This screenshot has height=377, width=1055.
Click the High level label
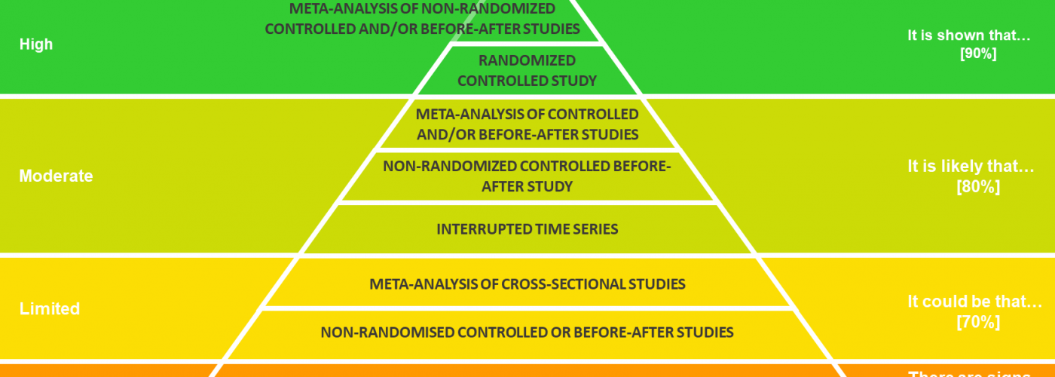(36, 44)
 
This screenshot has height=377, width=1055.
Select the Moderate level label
(56, 176)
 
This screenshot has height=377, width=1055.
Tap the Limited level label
(50, 309)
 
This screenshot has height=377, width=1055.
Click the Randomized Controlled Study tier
(527, 70)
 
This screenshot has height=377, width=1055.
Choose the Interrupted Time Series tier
(527, 229)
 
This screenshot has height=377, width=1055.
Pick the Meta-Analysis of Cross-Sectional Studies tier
(527, 284)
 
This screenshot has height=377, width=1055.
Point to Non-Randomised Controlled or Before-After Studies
(527, 332)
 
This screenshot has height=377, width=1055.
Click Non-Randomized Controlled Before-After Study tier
(527, 176)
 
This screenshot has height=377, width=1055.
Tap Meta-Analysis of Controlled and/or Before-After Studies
(527, 124)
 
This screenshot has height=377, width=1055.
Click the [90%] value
(978, 54)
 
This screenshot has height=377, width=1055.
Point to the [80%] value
(978, 187)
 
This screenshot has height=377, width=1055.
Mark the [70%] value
(978, 322)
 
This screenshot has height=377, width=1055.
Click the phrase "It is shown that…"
(968, 35)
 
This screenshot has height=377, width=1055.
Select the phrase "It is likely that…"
(971, 167)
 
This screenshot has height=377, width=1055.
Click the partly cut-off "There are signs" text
(969, 373)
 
